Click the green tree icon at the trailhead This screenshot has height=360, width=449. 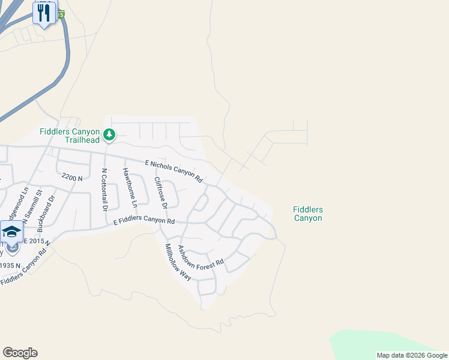click(109, 135)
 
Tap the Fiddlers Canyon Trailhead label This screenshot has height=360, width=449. click(69, 136)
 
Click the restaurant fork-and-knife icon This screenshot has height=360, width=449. click(44, 13)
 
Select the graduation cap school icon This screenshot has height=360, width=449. click(11, 231)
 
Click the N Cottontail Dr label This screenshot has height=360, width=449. click(104, 189)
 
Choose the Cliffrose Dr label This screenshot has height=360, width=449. click(159, 193)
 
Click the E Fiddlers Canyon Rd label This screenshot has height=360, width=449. click(144, 221)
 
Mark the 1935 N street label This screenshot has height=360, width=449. click(10, 265)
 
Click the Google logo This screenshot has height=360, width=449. click(20, 353)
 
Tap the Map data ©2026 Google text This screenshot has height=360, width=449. click(412, 355)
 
